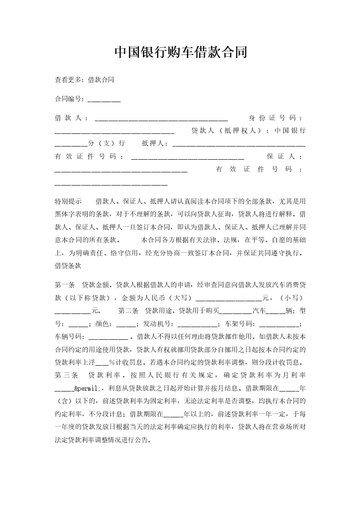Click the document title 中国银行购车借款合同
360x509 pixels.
180,52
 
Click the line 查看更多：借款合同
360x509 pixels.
84,79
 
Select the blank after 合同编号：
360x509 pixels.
104,99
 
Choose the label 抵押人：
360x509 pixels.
156,143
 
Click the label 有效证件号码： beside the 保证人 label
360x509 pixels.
89,157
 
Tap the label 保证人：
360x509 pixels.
284,157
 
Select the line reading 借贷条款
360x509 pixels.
68,267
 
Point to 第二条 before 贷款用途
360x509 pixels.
128,311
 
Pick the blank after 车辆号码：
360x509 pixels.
108,338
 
